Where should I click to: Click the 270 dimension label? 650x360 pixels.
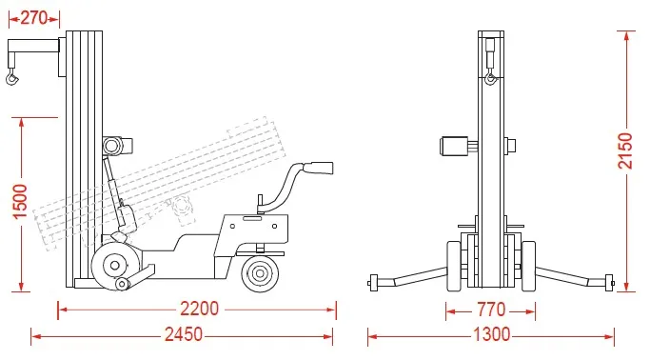click(33, 18)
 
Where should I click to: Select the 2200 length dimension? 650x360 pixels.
click(199, 309)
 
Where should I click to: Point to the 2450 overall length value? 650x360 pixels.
click(184, 334)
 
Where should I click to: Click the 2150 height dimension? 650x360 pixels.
click(625, 151)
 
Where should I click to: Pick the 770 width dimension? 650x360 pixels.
click(491, 310)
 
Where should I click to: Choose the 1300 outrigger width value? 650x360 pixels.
click(491, 334)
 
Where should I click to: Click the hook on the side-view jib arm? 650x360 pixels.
click(12, 77)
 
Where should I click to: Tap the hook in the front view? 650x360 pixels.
click(491, 78)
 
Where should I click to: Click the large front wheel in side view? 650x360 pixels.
click(115, 265)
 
